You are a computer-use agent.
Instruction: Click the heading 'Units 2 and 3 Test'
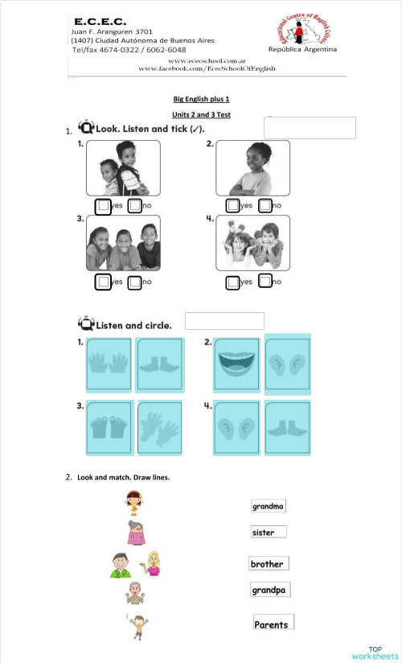tap(207, 115)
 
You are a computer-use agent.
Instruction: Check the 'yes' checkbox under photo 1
tap(103, 207)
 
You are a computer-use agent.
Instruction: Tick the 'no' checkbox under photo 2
tap(265, 206)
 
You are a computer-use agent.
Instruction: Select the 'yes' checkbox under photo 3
tap(103, 282)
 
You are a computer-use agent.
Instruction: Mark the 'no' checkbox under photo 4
tap(265, 282)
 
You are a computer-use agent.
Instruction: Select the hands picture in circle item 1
tap(108, 365)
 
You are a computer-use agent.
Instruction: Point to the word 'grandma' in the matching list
tap(268, 507)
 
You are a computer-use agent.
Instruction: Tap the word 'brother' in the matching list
tap(267, 564)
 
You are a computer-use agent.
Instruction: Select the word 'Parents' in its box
tap(272, 624)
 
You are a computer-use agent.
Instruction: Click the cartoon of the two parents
tap(135, 564)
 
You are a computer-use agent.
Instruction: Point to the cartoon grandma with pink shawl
tap(134, 533)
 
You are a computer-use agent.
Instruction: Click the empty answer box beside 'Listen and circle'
tap(224, 321)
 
